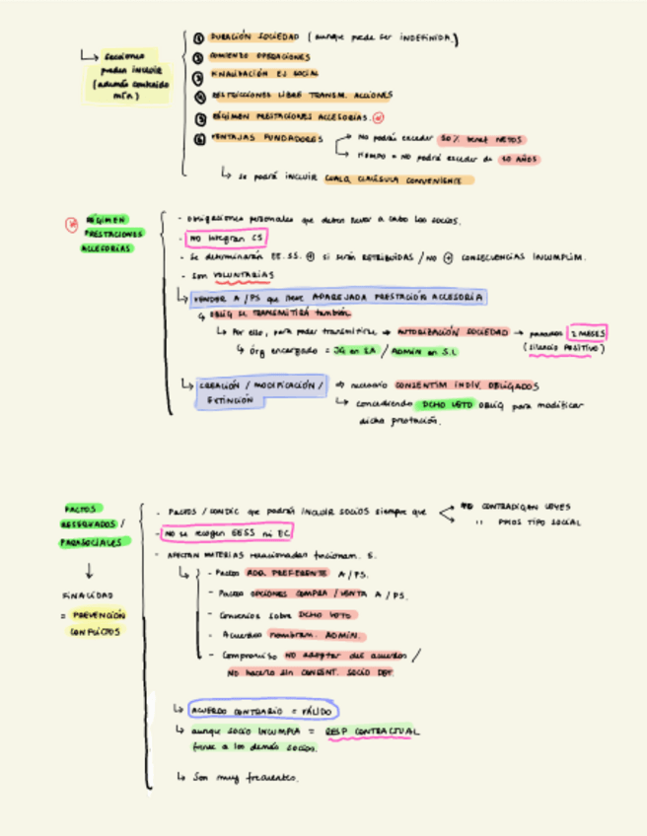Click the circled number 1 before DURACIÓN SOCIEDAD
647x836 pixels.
(x=199, y=38)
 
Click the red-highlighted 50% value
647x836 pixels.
(x=452, y=139)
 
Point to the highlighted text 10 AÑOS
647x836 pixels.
(x=518, y=158)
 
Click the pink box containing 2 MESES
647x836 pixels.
(x=588, y=332)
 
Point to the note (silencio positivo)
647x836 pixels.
(x=563, y=348)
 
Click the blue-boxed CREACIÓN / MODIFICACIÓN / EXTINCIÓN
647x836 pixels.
(x=259, y=391)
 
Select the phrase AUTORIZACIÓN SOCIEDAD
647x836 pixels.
(x=452, y=333)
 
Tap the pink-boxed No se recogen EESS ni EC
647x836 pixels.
(x=227, y=533)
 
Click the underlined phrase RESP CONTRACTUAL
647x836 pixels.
(x=379, y=731)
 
